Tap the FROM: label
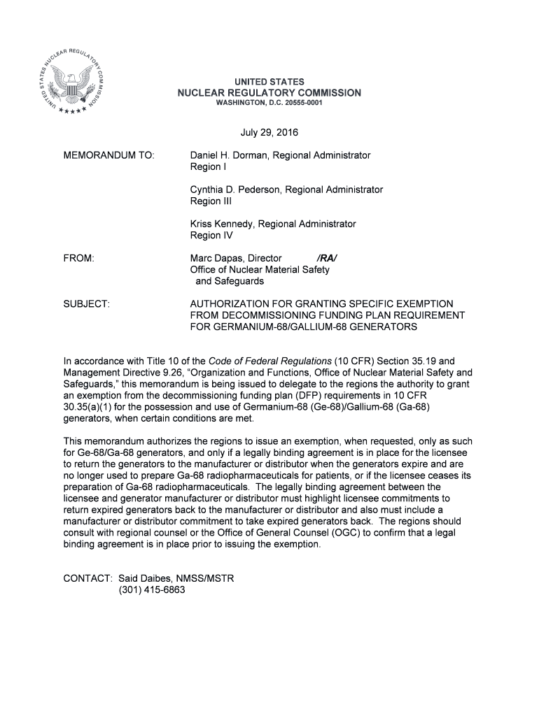tap(78, 259)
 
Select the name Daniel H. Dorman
tap(229, 155)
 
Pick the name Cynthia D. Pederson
tap(234, 189)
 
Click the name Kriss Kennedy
tap(220, 224)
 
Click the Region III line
tap(211, 201)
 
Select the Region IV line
tap(211, 236)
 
